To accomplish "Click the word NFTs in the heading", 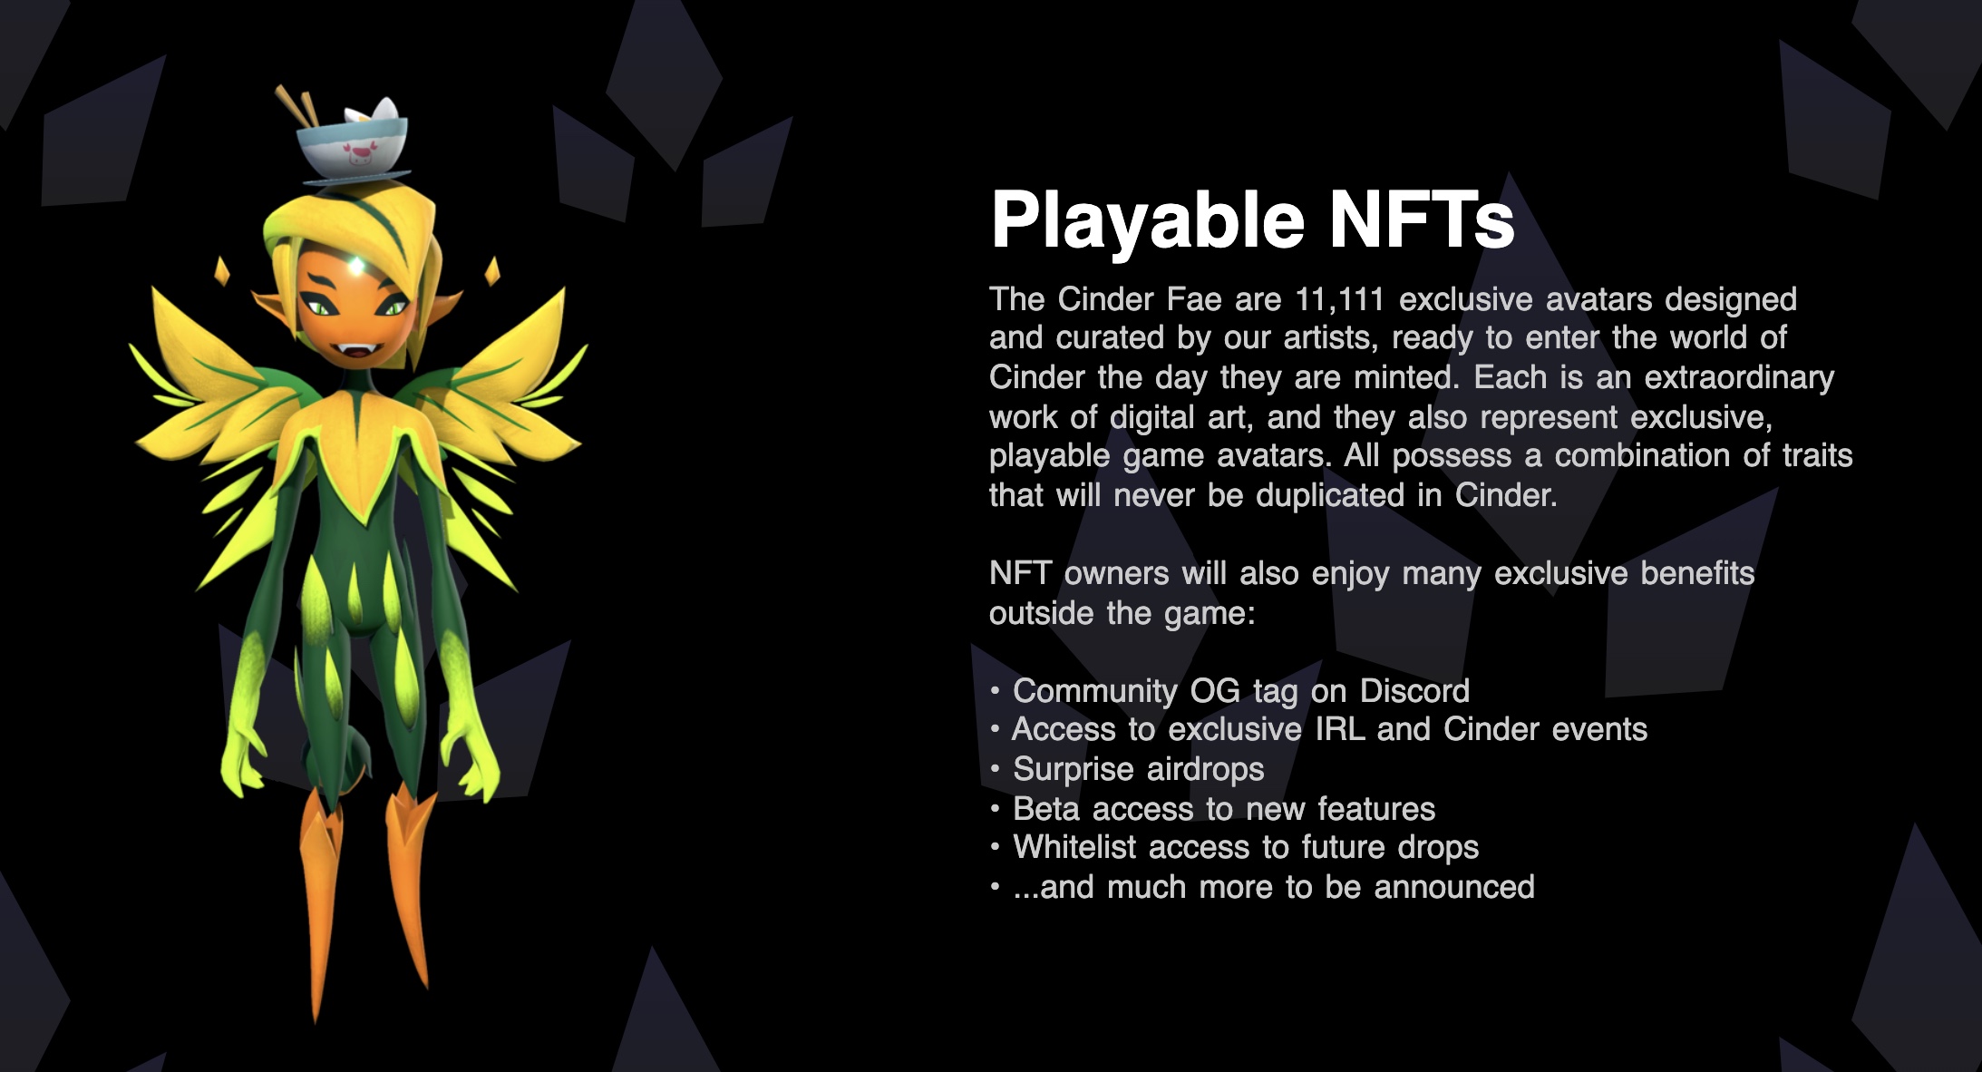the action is pos(1422,219).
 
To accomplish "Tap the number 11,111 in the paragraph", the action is pos(1340,300).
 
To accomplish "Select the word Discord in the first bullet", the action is pos(1414,691).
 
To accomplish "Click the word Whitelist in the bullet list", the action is pos(1074,847).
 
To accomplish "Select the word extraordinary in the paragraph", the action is pos(1739,378).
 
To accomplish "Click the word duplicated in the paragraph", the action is pos(1330,495).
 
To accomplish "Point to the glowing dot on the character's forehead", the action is pos(359,266).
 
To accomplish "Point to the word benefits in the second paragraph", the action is pos(1697,573).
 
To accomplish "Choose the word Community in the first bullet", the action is pos(1095,692).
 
